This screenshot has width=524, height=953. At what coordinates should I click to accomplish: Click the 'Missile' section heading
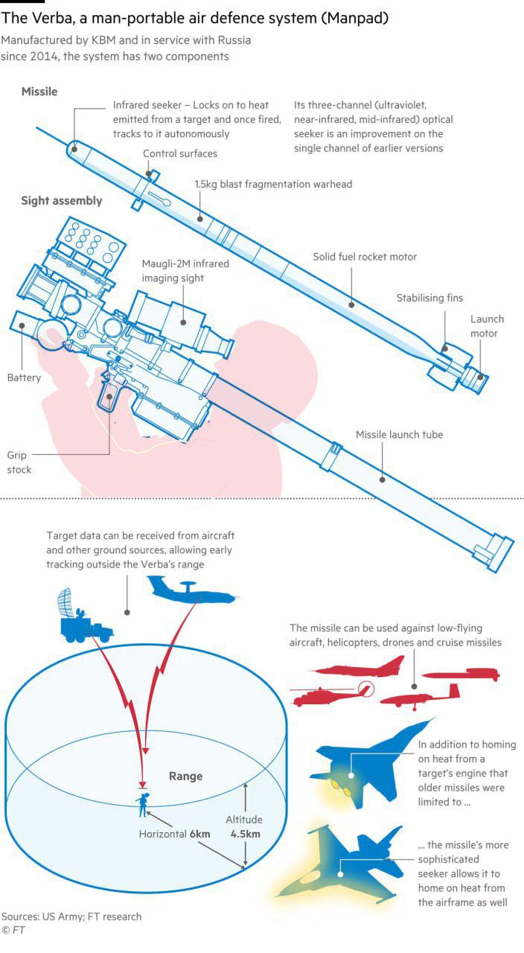tap(39, 92)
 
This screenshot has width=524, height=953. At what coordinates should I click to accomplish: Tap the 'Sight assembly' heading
tap(62, 201)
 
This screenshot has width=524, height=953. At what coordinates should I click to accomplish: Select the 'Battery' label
tap(24, 377)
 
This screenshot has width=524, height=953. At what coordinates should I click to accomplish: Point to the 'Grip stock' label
tap(19, 462)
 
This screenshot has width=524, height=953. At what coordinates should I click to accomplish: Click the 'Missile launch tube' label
tap(399, 435)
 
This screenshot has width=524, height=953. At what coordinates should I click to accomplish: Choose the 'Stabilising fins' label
tap(429, 298)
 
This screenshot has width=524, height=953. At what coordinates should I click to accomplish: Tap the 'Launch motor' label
tap(487, 326)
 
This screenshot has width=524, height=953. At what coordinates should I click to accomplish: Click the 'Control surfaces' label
tap(180, 153)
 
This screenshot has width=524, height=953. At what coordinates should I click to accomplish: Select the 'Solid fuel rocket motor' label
tap(365, 257)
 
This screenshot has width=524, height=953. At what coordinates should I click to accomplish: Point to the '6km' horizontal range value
tap(199, 834)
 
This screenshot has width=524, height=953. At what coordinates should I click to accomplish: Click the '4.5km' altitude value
tap(245, 834)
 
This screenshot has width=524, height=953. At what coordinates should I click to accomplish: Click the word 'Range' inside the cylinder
tap(185, 777)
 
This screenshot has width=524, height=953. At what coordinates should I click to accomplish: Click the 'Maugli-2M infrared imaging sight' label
tap(185, 271)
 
